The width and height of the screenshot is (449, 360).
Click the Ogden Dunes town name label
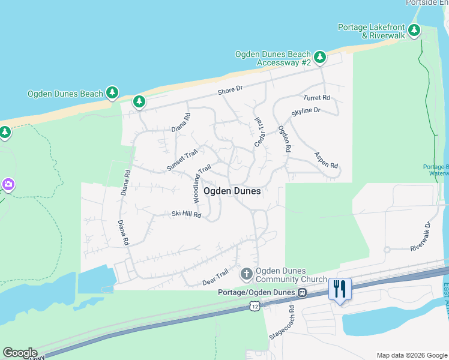coord(232,191)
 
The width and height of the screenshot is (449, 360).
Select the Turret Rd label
coord(317,97)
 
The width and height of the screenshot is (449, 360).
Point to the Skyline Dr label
coord(306,112)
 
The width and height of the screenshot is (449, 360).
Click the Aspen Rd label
coord(326,160)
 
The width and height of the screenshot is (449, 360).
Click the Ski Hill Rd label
coord(186,214)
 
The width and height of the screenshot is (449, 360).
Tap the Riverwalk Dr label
coord(421,238)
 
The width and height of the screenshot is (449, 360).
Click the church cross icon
coord(246,275)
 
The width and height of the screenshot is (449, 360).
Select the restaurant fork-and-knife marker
coord(340,289)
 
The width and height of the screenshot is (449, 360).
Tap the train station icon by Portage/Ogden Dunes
coord(303,293)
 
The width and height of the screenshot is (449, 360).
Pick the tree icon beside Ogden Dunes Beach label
coord(112,93)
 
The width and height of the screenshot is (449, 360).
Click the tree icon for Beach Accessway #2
coord(321,58)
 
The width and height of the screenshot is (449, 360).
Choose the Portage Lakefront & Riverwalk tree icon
coord(414,30)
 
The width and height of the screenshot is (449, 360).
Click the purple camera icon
coord(8,184)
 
